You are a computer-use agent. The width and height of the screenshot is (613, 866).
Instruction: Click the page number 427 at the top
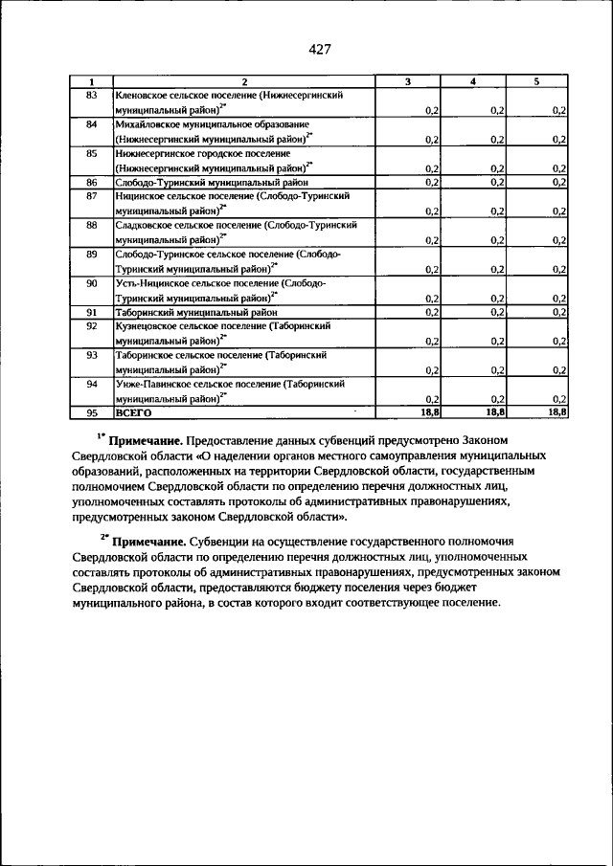[x=320, y=50]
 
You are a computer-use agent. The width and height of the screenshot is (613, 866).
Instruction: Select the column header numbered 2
[x=244, y=82]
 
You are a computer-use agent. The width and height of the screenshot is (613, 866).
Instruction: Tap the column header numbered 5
[x=536, y=82]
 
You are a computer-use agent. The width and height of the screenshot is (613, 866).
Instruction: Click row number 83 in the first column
[x=92, y=96]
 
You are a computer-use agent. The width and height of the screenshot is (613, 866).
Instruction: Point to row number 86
[x=92, y=182]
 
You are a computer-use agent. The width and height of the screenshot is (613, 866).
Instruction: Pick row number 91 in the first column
[x=92, y=312]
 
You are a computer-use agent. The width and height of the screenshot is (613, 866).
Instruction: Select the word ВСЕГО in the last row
[x=134, y=412]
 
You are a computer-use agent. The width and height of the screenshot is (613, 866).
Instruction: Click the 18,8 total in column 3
[x=428, y=411]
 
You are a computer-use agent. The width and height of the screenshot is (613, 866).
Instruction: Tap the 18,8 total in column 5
[x=556, y=411]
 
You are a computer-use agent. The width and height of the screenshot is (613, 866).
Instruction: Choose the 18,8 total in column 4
[x=494, y=411]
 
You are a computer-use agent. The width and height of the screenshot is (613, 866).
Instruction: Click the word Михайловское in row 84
[x=148, y=124]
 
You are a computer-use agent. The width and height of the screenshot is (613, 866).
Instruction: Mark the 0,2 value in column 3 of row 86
[x=431, y=182]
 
